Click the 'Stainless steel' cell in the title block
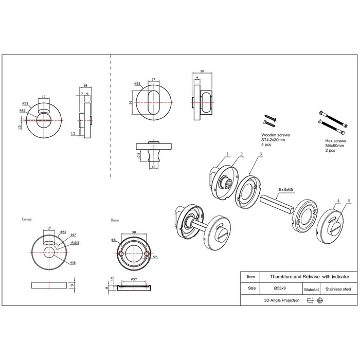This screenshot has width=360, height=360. [337, 290]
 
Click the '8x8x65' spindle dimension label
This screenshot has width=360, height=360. [286, 190]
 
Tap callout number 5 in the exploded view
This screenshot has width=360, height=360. [349, 201]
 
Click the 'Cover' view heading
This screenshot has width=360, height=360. [27, 219]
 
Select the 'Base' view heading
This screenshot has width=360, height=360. [115, 220]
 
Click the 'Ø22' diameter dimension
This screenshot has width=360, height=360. [23, 110]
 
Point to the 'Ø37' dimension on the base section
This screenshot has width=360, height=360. [134, 279]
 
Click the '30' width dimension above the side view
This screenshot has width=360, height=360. [202, 72]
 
